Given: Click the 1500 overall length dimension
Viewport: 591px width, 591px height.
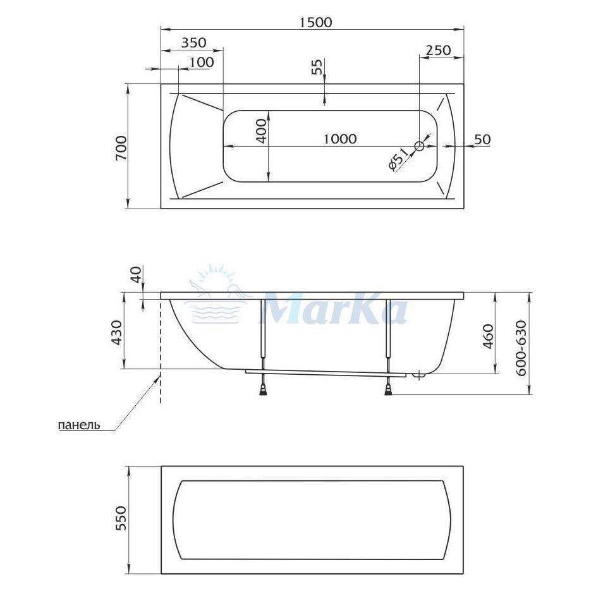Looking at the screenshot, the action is pos(316,22).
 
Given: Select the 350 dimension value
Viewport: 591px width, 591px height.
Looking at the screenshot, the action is pos(194,42).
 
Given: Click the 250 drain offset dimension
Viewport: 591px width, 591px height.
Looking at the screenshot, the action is pos(438,50).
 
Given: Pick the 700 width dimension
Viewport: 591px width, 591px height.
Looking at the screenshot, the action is pos(122,148).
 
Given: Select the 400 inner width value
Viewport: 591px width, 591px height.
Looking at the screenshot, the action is pos(261,131).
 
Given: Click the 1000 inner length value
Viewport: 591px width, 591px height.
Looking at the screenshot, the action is pos(340,138).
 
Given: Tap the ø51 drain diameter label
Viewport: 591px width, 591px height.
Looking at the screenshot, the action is pos(398,159).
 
